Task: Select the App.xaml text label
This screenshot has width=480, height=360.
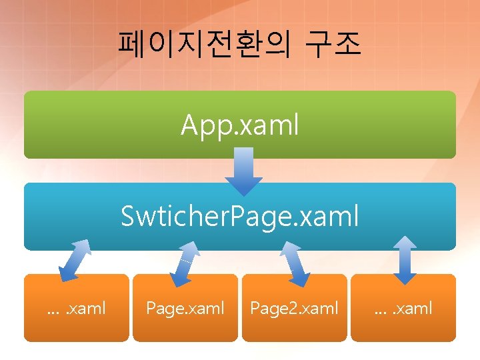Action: pos(240,125)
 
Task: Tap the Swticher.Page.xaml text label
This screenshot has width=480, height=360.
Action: pos(240,215)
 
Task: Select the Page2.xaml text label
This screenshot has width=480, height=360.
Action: pos(294,308)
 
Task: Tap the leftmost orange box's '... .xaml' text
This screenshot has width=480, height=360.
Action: pos(76,308)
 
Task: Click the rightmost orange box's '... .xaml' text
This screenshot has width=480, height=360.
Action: pos(403,308)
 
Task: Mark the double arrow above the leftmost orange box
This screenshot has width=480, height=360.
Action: pos(75,261)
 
